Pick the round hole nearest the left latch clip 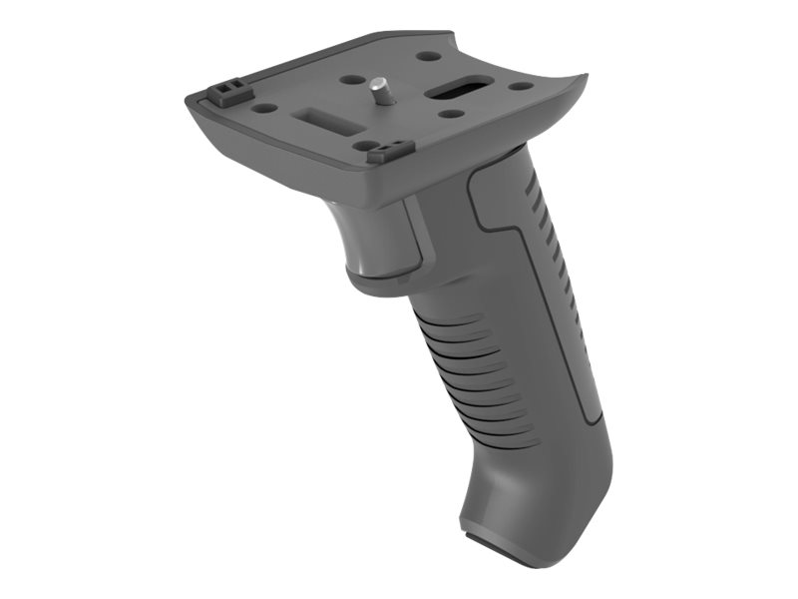click(263, 107)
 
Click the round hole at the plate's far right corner click(521, 87)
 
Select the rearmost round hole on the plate click(427, 57)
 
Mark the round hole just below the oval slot click(452, 114)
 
